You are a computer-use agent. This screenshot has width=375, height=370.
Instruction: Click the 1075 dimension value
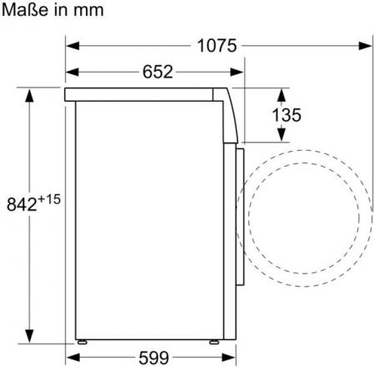(x=217, y=46)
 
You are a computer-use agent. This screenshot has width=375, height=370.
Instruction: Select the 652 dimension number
(x=157, y=72)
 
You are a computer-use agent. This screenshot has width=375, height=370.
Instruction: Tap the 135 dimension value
(x=287, y=115)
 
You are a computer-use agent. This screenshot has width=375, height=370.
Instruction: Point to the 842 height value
(x=22, y=204)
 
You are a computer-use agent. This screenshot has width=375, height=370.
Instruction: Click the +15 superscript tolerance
(x=49, y=199)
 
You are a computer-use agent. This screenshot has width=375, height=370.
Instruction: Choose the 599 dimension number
(x=153, y=357)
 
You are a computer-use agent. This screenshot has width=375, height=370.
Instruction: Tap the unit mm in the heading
(x=88, y=11)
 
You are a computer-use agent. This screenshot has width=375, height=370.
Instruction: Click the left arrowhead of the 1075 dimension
(x=72, y=46)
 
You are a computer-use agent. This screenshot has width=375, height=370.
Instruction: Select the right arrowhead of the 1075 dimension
(x=365, y=46)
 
